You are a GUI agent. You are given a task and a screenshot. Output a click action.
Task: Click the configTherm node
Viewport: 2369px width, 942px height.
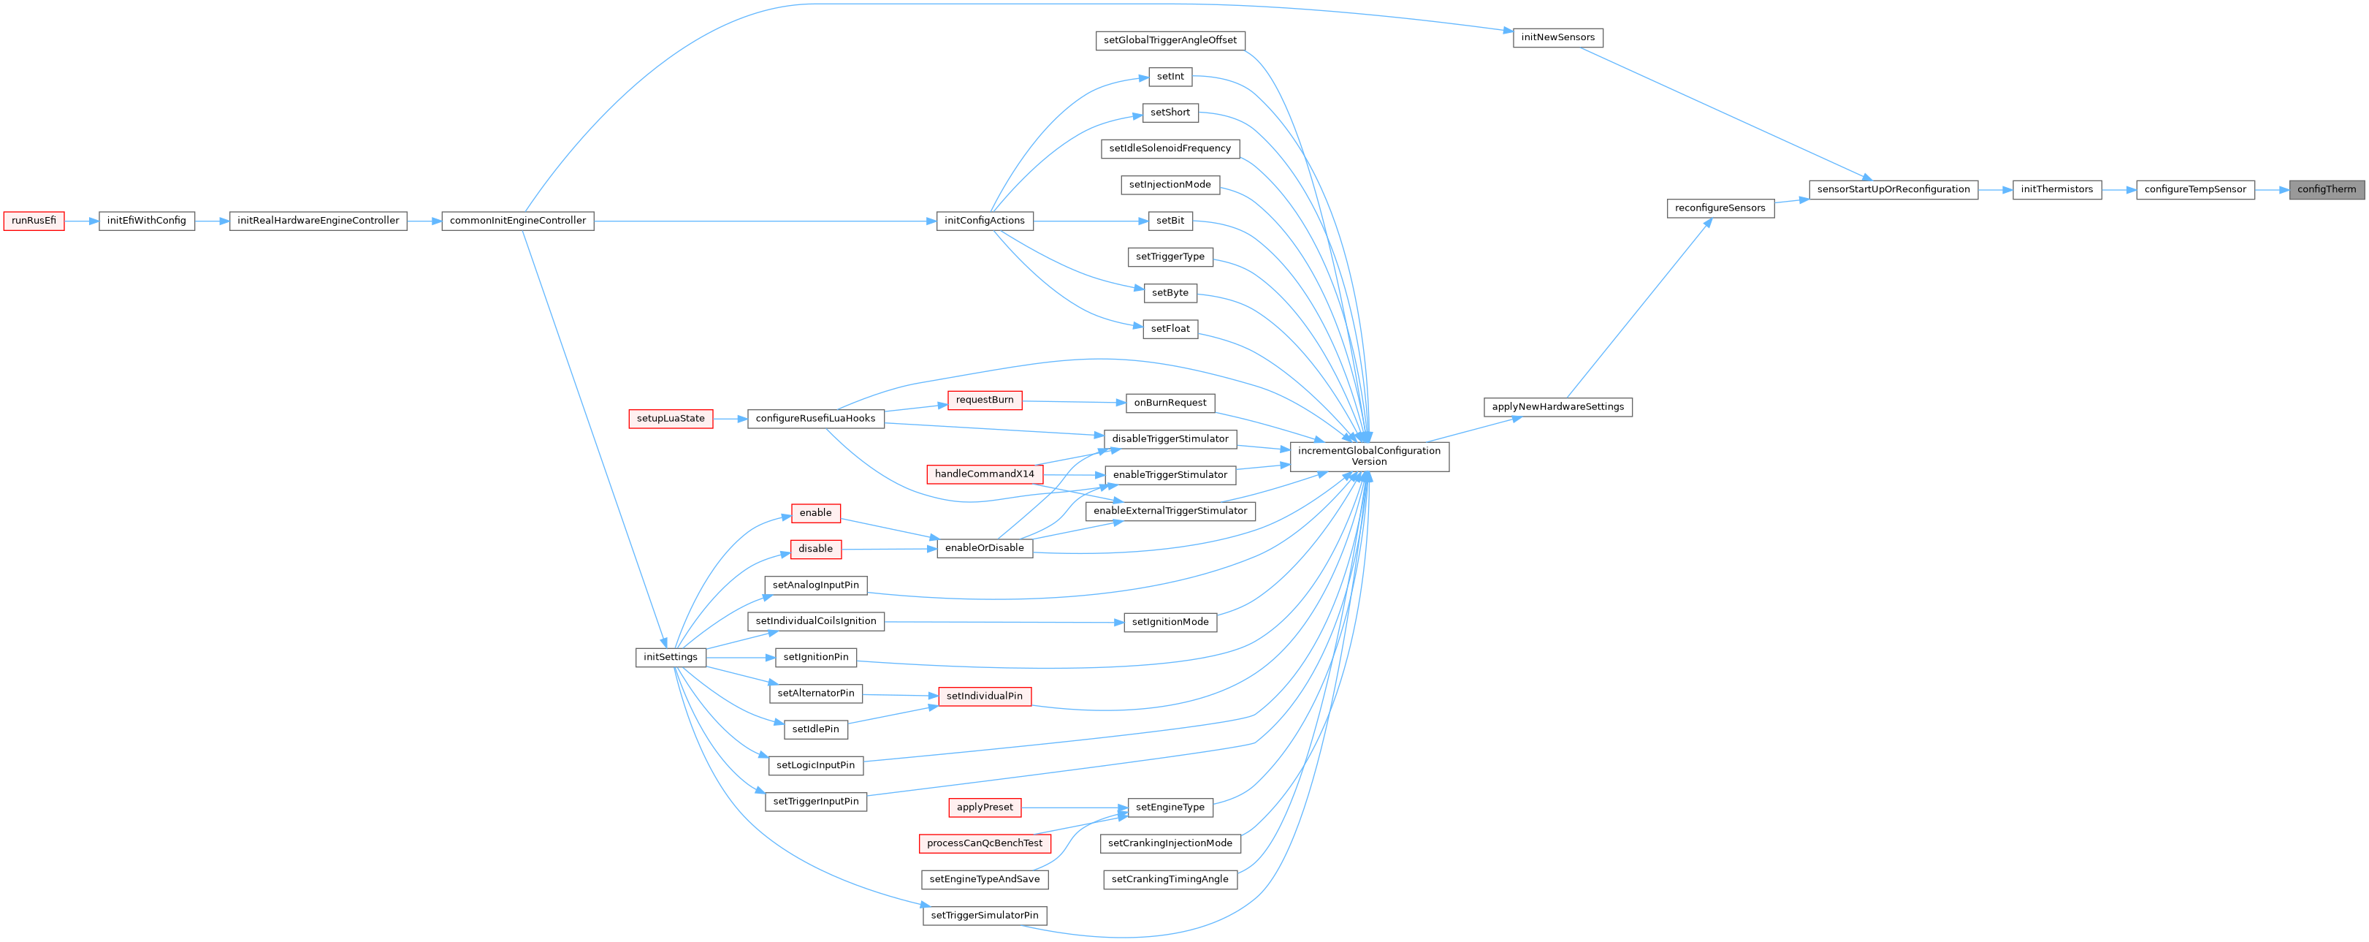coord(2326,189)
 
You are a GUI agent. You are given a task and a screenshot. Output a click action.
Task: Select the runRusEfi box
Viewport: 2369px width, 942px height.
coord(34,221)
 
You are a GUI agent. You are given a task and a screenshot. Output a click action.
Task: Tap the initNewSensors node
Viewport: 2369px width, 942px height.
coord(1557,38)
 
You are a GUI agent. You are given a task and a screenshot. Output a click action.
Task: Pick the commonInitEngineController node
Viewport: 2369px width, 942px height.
coord(517,221)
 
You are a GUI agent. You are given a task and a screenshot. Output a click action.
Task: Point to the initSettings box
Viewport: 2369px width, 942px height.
coord(671,657)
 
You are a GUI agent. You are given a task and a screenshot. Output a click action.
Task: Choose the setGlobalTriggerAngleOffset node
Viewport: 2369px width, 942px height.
coord(1170,40)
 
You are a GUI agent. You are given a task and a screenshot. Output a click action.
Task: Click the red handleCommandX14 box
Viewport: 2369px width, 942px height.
coord(984,474)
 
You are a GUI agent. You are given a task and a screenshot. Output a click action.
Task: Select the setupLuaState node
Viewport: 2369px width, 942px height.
coord(671,419)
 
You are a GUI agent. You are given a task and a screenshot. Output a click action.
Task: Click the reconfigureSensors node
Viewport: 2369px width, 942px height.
coord(1720,208)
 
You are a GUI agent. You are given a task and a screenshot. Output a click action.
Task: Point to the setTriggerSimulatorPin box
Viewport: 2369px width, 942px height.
coord(984,915)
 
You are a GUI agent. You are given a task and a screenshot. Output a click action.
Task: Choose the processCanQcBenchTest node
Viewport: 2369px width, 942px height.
coord(984,843)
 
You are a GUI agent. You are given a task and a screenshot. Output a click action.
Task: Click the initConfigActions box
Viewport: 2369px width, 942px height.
coord(984,221)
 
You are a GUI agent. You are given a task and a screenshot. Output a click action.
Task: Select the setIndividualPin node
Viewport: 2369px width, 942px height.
coord(984,696)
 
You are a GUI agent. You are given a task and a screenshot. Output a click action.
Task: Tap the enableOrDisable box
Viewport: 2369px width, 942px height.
coord(984,547)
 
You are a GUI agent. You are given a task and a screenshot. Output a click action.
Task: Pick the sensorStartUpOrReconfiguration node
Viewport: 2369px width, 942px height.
coord(1893,189)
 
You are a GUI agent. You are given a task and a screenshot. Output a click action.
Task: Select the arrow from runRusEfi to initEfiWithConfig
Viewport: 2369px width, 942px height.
coord(82,221)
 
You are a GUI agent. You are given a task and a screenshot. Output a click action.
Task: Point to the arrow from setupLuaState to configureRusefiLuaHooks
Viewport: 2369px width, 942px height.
coord(730,419)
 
